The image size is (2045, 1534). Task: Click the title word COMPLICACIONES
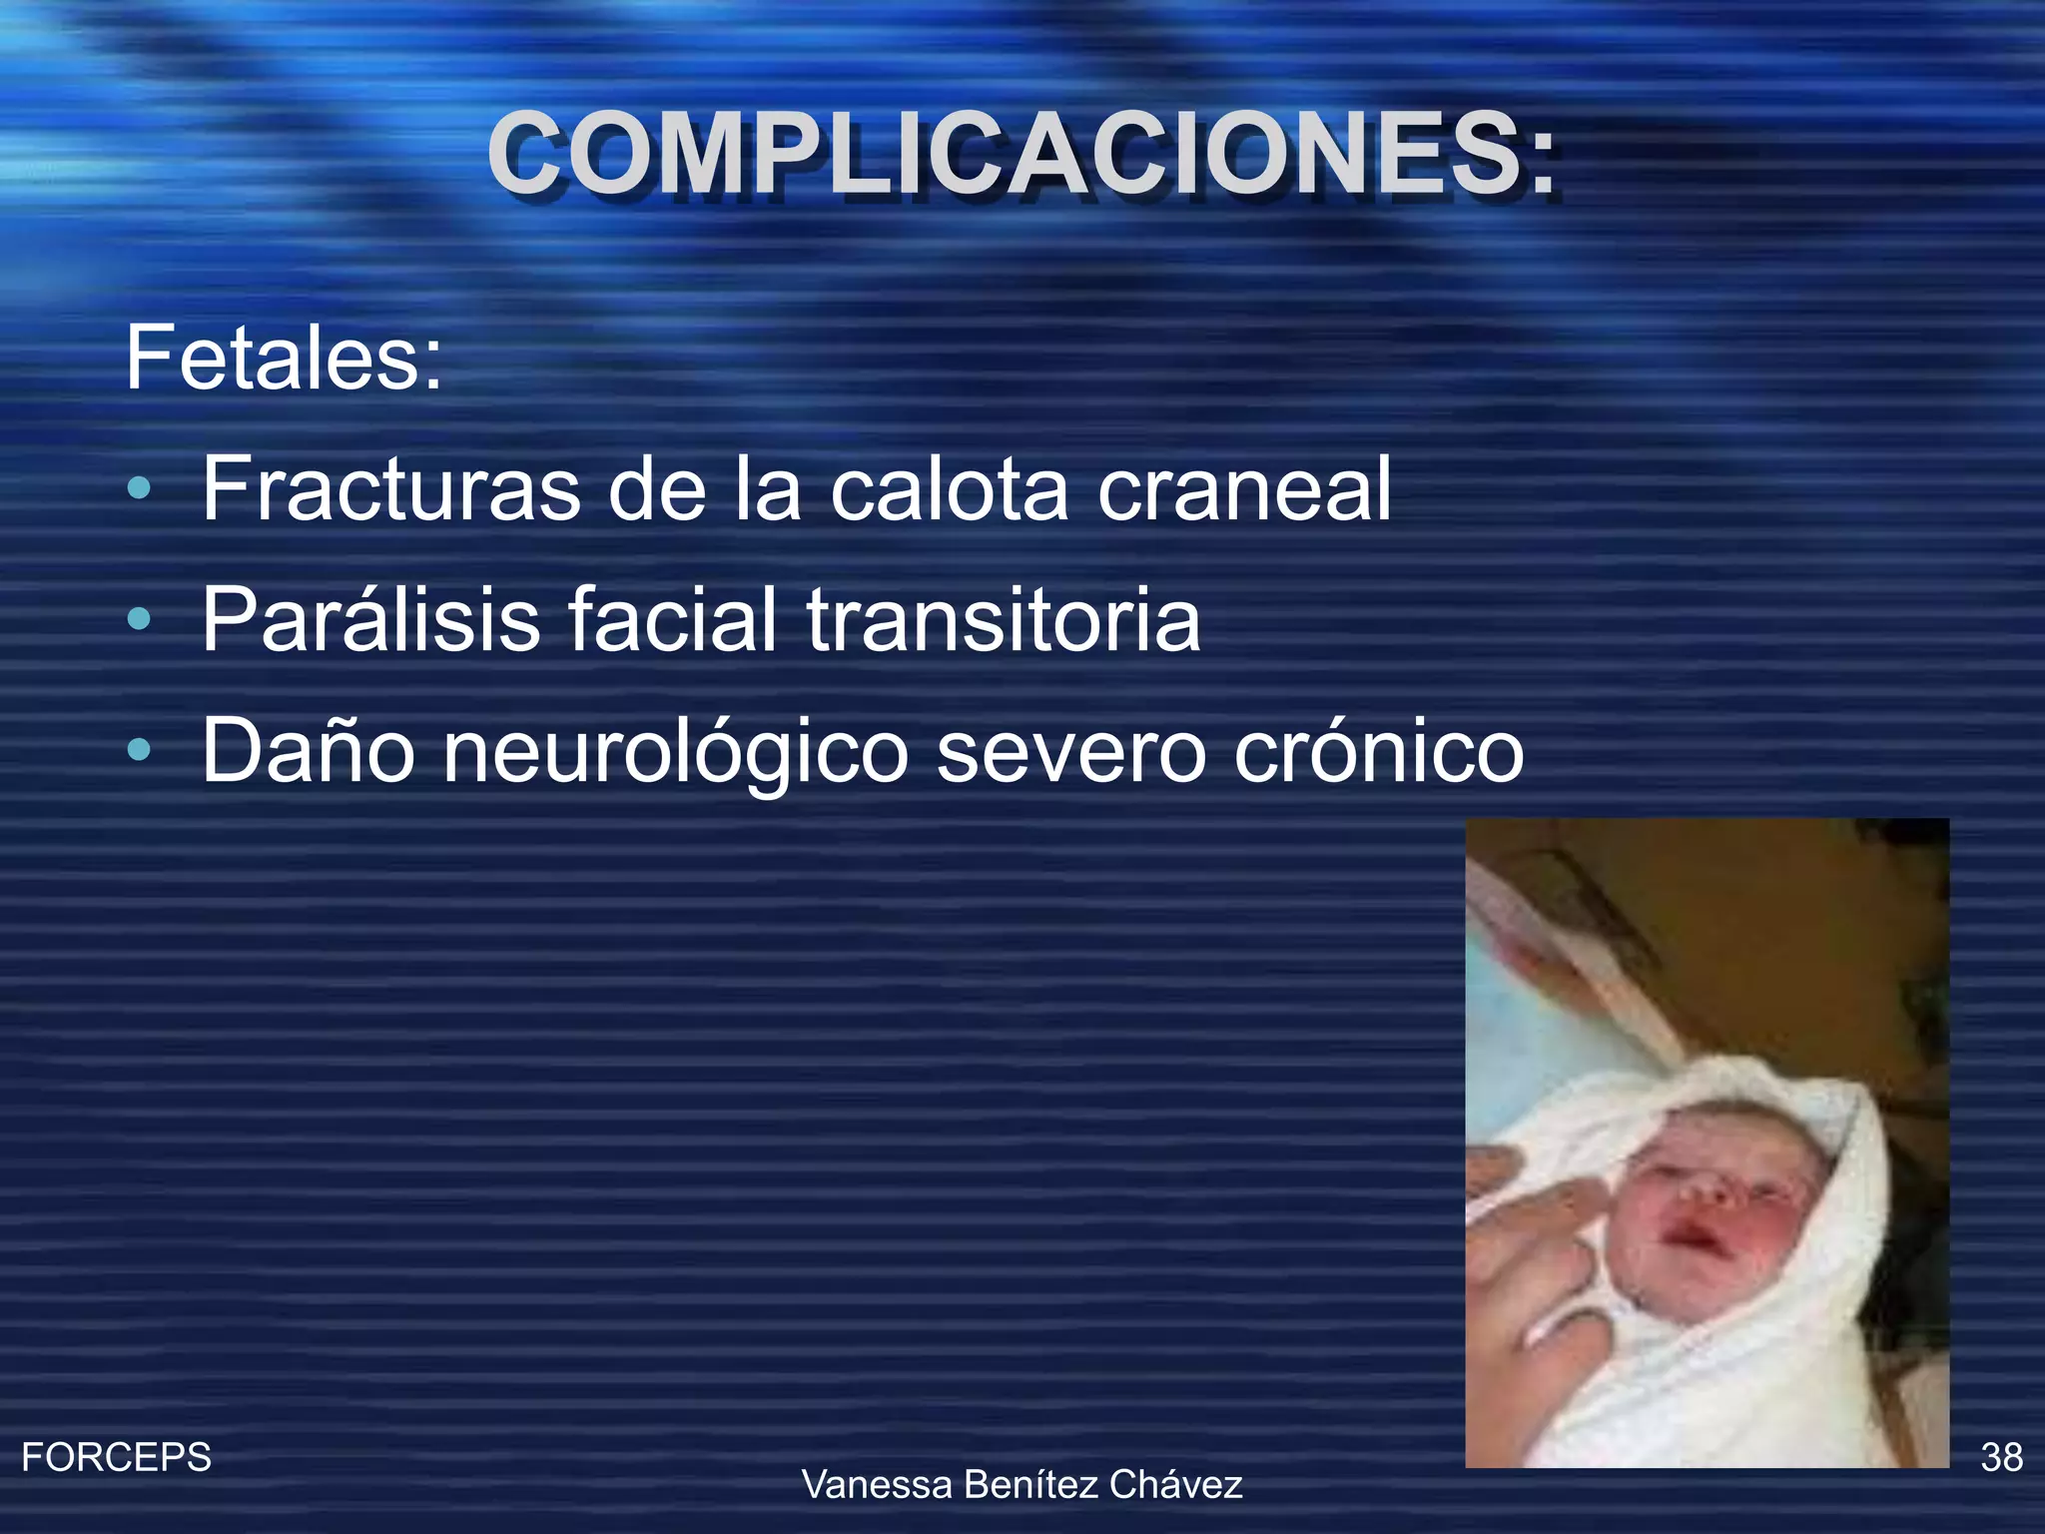(1021, 153)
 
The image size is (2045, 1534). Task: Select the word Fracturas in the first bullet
(390, 488)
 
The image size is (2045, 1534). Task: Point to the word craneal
(1244, 488)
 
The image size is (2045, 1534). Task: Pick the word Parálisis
(370, 620)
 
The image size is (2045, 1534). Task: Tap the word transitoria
(1003, 620)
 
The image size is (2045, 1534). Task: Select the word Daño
(308, 751)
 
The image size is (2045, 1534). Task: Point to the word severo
(1071, 753)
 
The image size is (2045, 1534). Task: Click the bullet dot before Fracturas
(140, 489)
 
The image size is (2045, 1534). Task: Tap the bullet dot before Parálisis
(140, 621)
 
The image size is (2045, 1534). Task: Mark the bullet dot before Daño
(140, 751)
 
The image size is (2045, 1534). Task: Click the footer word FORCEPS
(116, 1457)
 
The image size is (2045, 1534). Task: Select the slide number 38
(2001, 1457)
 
